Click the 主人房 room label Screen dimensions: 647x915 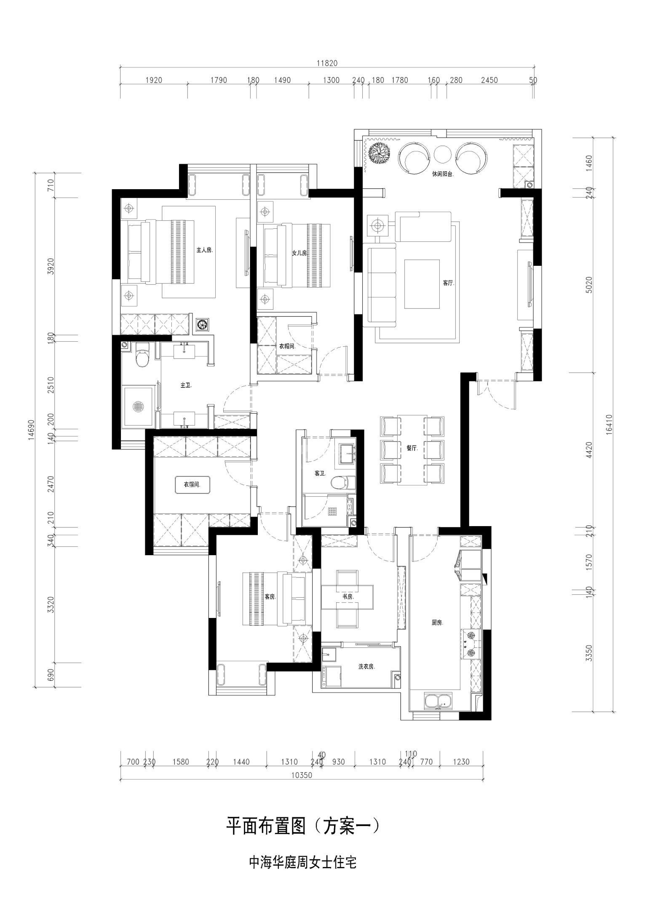[x=204, y=250]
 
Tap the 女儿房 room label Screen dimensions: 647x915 [x=299, y=253]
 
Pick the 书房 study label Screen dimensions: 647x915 [x=348, y=597]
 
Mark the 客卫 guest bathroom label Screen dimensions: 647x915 [x=321, y=474]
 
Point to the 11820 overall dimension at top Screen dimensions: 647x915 [x=327, y=63]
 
